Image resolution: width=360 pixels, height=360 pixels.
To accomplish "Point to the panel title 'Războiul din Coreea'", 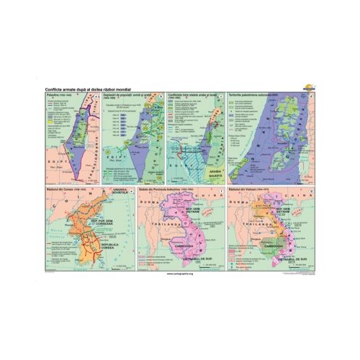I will click(62, 190).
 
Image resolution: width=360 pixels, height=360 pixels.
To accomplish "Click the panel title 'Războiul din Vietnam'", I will click(247, 190).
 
